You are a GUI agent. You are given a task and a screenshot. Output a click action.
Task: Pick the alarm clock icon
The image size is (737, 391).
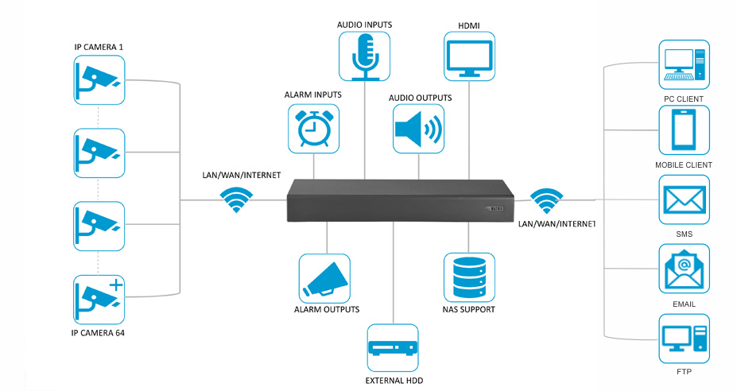click(x=314, y=128)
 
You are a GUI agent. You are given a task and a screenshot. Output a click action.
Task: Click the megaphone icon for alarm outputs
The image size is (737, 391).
click(x=325, y=277)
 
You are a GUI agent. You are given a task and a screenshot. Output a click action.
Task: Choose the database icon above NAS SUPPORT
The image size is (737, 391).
click(x=469, y=277)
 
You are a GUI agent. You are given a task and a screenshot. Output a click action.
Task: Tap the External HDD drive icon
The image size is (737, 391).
click(x=393, y=349)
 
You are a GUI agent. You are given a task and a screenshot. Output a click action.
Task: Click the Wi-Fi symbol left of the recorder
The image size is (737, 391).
click(x=235, y=199)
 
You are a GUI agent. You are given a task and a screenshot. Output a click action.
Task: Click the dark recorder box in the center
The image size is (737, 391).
click(x=398, y=199)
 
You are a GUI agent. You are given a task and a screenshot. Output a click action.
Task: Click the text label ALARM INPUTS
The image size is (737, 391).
click(x=313, y=95)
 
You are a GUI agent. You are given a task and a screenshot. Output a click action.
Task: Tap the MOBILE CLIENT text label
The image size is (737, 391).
click(x=683, y=165)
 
